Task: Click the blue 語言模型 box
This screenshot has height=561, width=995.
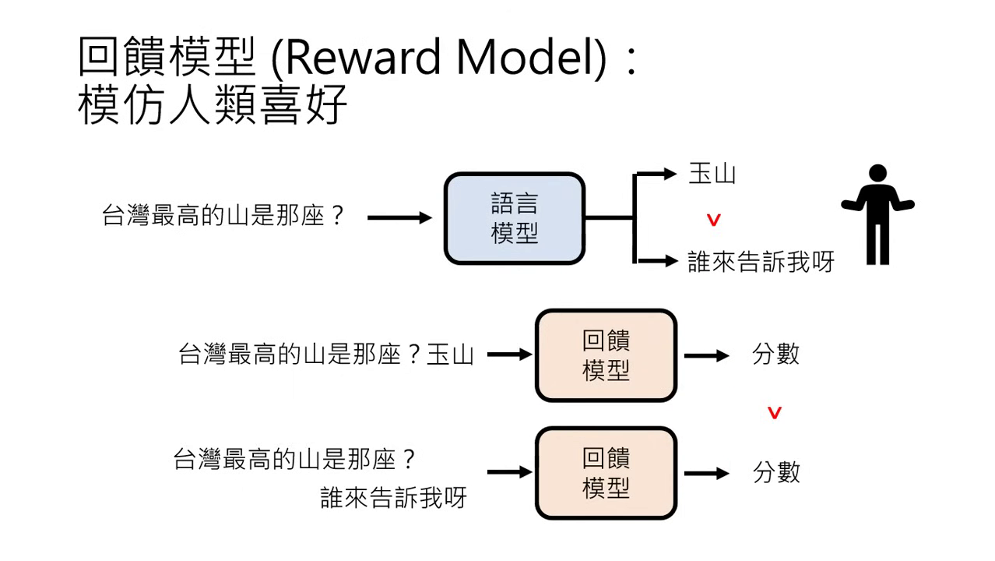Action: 514,219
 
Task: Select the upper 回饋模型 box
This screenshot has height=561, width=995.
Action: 606,355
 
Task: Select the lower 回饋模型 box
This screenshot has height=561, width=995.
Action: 606,473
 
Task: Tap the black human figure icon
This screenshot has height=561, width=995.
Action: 877,214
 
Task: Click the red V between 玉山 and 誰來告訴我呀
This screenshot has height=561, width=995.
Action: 713,221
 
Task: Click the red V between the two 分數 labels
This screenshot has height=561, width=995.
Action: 774,413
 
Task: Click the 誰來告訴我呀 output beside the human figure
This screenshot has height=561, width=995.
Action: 760,262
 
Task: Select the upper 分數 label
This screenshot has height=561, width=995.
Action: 775,355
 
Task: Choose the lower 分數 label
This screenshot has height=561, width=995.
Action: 775,473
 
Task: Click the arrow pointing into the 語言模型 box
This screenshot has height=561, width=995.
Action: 399,218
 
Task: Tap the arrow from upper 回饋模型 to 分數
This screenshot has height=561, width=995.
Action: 706,355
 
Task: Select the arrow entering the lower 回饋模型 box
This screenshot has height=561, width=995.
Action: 509,472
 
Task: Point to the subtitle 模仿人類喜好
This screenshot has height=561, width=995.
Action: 212,106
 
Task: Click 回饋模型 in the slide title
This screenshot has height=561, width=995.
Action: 167,58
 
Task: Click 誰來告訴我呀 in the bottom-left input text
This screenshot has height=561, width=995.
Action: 393,498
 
